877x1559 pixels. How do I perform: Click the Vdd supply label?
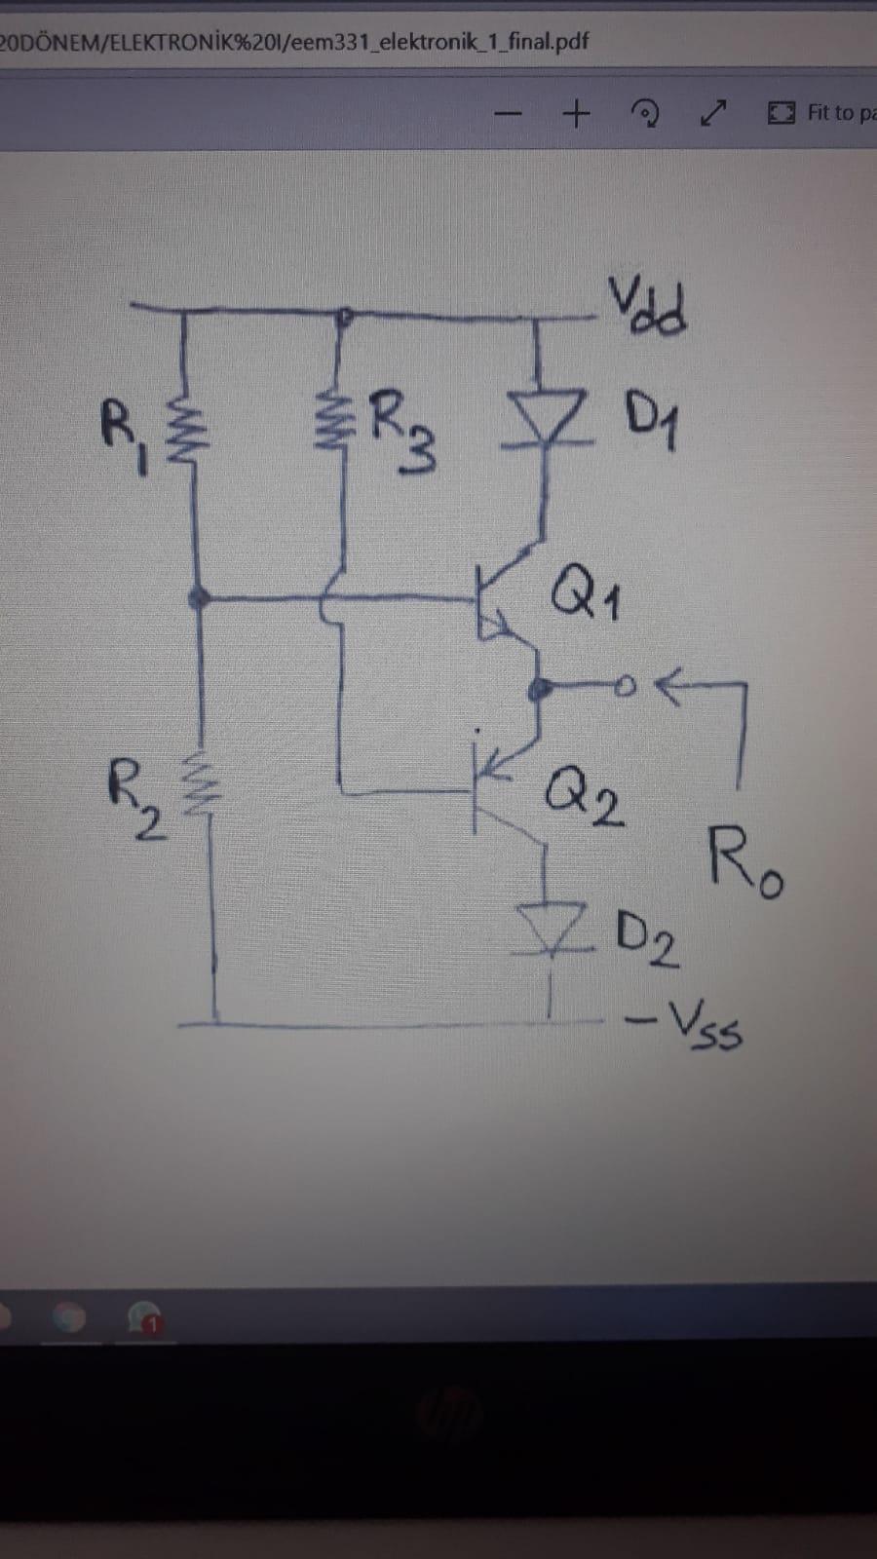pos(649,305)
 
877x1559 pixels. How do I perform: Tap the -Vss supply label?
pos(685,1027)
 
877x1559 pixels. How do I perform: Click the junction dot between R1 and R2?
pos(200,597)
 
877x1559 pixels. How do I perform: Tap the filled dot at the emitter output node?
pos(535,690)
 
